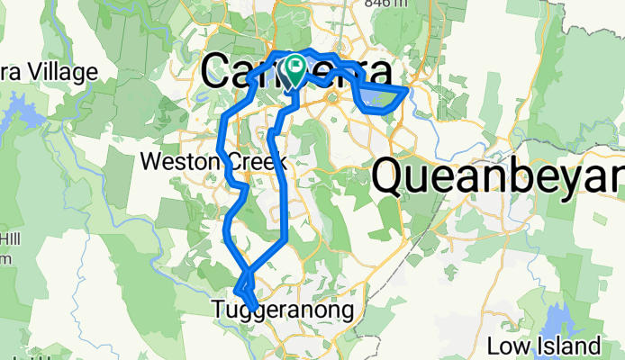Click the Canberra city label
[x=298, y=72]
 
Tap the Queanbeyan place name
[x=498, y=176]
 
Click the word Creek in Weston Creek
[x=254, y=163]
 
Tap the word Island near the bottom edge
[x=568, y=346]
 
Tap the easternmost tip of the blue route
[x=408, y=88]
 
